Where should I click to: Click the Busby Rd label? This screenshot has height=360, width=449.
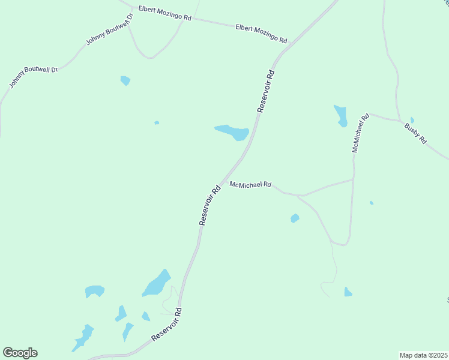click(415, 133)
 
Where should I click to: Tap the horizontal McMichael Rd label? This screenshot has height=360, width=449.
click(251, 185)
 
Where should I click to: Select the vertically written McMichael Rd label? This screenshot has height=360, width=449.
click(360, 133)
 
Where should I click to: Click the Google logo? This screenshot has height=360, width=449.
click(20, 353)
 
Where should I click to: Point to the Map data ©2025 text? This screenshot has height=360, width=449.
click(424, 355)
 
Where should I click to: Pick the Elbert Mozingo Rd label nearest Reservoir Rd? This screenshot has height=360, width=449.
click(261, 34)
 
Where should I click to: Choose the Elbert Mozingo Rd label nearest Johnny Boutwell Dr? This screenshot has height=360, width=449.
click(164, 13)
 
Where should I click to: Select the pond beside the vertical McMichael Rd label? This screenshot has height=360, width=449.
click(341, 115)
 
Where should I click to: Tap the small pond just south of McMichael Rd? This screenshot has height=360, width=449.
click(295, 218)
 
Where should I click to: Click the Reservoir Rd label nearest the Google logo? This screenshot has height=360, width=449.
click(167, 326)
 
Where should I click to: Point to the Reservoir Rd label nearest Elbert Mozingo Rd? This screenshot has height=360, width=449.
click(266, 91)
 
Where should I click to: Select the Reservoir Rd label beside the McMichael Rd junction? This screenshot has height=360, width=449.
click(210, 205)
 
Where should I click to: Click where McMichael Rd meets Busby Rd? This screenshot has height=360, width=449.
click(369, 113)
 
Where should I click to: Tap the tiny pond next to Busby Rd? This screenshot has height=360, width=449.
click(412, 120)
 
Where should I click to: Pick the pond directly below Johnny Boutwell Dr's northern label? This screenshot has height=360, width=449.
click(125, 80)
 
